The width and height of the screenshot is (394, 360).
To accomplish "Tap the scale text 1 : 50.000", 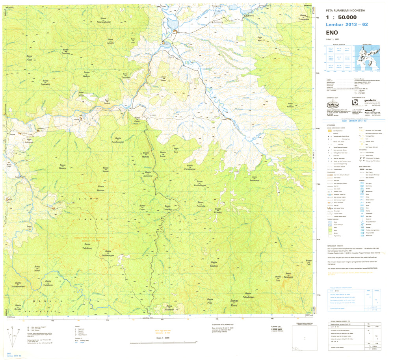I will [342, 17].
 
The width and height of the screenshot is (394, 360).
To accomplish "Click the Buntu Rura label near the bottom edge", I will [234, 304].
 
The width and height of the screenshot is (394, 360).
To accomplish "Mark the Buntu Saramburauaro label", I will [18, 285].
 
